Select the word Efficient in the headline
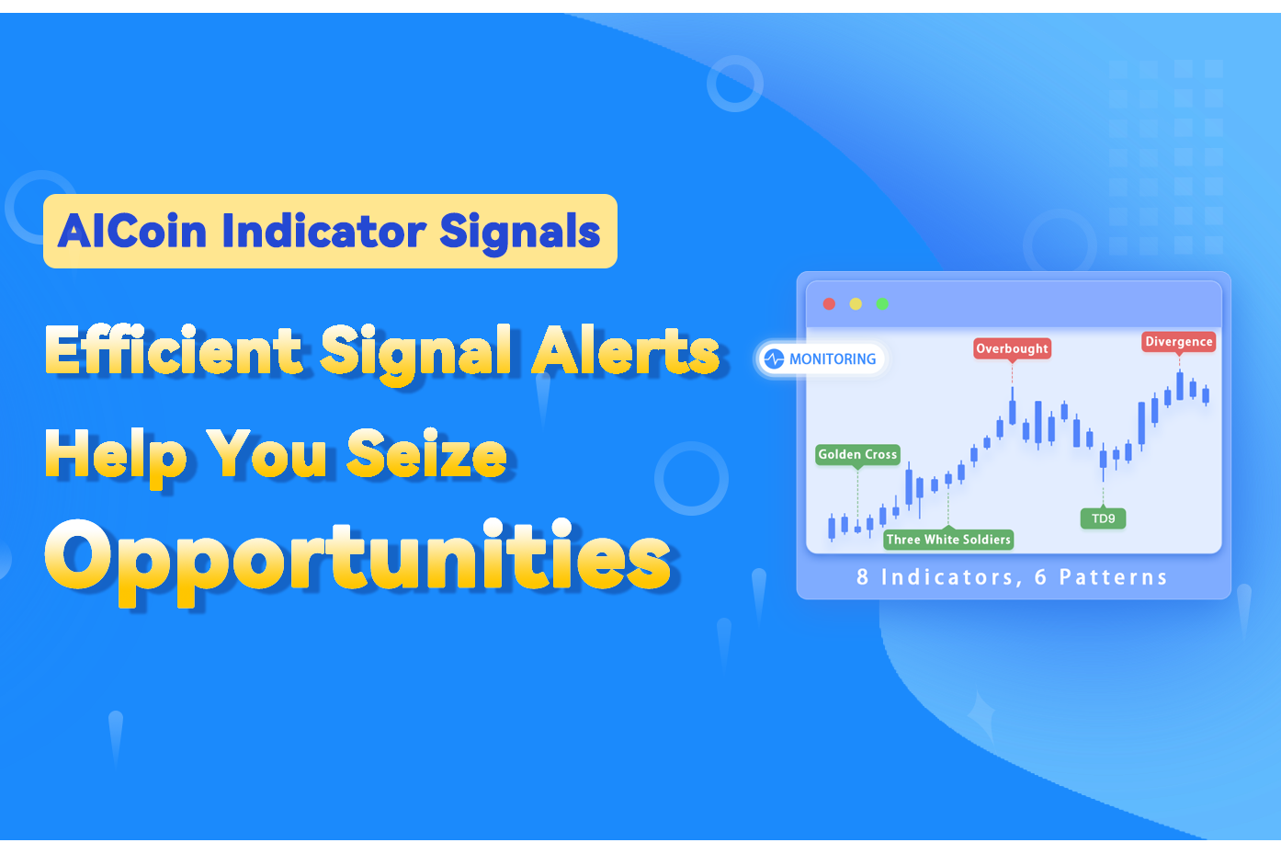[173, 351]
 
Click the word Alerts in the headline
[626, 351]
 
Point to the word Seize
[426, 454]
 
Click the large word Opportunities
[357, 558]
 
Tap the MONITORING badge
[821, 359]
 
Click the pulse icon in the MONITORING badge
[774, 359]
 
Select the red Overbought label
[1012, 348]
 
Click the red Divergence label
[1179, 341]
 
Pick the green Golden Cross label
[857, 454]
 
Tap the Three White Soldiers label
[948, 540]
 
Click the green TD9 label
[1103, 518]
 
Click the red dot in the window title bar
[829, 304]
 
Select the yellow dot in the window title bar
[856, 304]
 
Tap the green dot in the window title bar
[882, 304]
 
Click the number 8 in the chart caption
[862, 577]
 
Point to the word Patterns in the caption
[1113, 577]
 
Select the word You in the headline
[266, 454]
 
